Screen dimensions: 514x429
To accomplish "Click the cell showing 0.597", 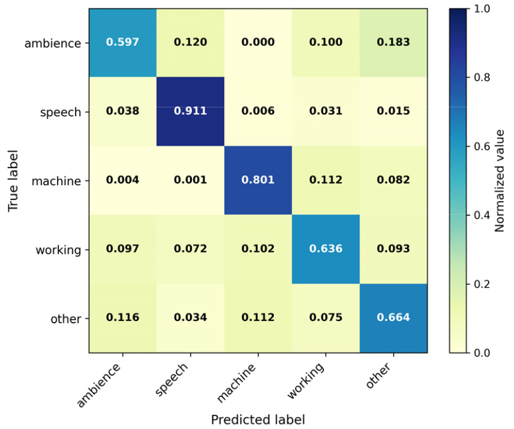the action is pos(123,42).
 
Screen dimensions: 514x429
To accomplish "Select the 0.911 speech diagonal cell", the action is pos(191,111).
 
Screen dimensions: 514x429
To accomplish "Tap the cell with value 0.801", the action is pos(258,180).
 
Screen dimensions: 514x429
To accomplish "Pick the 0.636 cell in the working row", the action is pos(326,249).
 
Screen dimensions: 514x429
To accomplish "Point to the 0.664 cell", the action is pos(394,317).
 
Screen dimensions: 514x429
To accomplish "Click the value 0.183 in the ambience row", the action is pos(394,42).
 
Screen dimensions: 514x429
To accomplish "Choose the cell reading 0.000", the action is pos(258,42).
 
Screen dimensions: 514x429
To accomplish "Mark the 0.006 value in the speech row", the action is pos(258,111).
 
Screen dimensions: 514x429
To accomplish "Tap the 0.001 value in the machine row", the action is pos(191,180).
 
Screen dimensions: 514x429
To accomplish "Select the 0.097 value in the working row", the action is pos(123,249).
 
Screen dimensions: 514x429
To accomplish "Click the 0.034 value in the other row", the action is pos(191,317).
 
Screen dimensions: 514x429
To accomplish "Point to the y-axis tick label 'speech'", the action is pos(61,112).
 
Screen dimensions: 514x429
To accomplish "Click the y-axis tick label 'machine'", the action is pos(57,181).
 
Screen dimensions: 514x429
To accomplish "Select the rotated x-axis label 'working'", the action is pos(306,381).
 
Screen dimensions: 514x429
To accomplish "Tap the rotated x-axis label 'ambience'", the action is pos(99,385).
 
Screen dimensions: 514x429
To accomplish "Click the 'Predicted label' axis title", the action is pos(258,420).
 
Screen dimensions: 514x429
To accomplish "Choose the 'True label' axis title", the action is pos(13,181).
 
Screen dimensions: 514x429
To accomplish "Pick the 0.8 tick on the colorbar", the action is pos(482,77).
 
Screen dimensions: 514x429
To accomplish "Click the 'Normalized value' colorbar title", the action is pos(499,181).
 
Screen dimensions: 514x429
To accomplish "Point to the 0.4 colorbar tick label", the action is pos(482,215).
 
